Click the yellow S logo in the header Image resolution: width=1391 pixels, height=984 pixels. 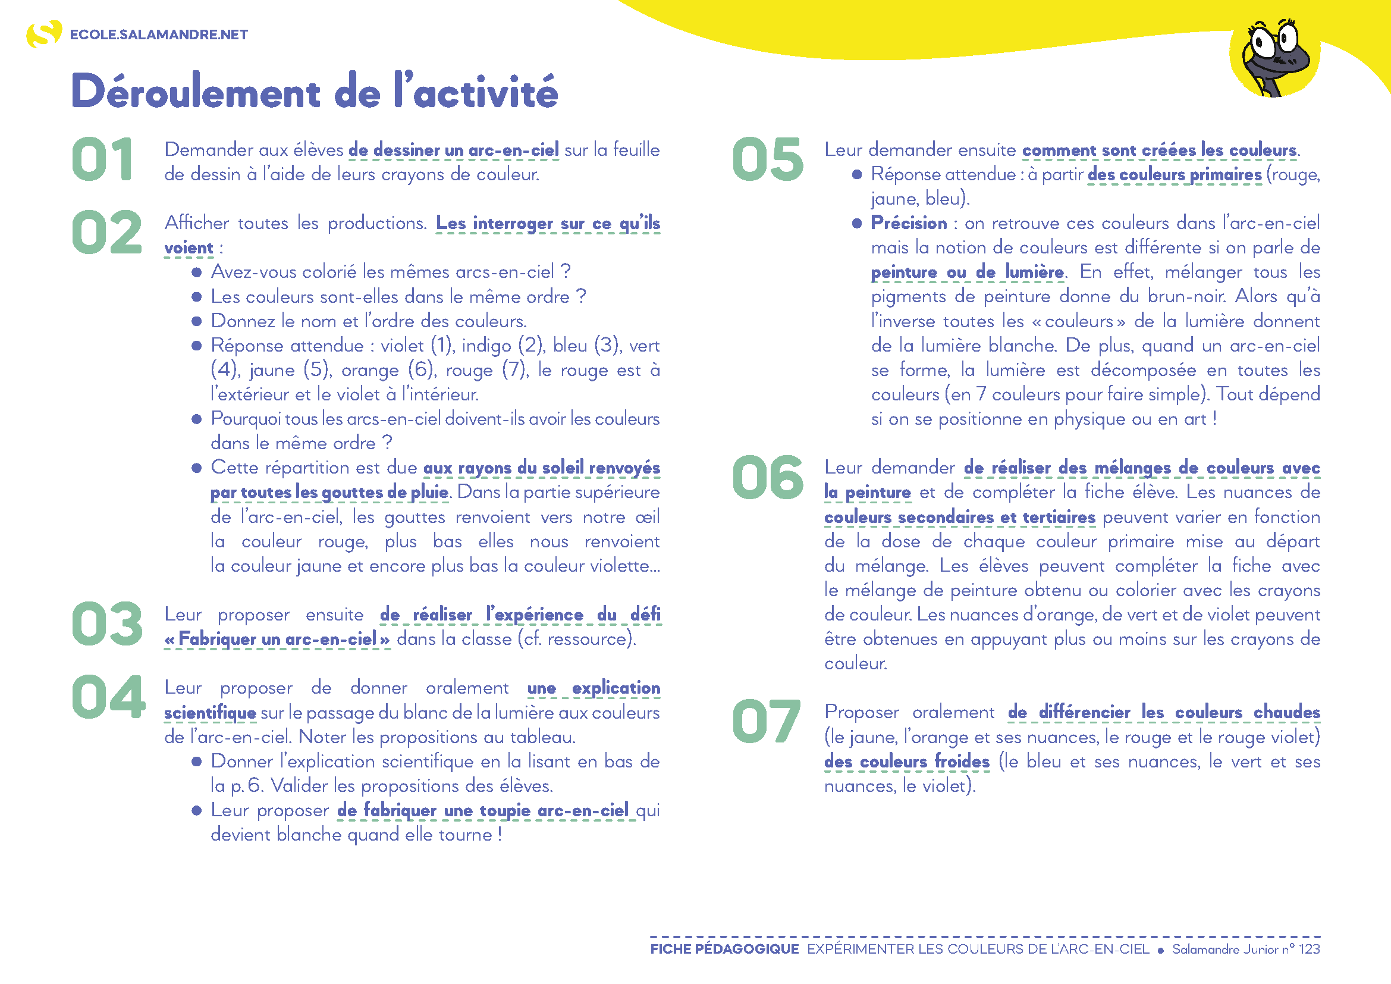pyautogui.click(x=43, y=34)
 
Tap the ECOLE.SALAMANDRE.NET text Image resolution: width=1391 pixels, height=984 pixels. pyautogui.click(x=159, y=35)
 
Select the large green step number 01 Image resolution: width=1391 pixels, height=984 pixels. pyautogui.click(x=103, y=159)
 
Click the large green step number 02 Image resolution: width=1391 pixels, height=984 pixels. pyautogui.click(x=106, y=233)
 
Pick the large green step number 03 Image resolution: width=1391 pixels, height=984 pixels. pyautogui.click(x=106, y=624)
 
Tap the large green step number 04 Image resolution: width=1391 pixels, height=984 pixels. pyautogui.click(x=108, y=697)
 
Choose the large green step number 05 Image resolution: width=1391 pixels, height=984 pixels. pyautogui.click(x=768, y=159)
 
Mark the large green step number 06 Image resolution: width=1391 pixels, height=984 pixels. pyautogui.click(x=768, y=478)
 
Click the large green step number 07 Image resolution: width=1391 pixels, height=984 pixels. pyautogui.click(x=767, y=722)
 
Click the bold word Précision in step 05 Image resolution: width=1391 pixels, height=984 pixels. pyautogui.click(x=909, y=223)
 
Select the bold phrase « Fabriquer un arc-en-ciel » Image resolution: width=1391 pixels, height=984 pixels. pyautogui.click(x=278, y=639)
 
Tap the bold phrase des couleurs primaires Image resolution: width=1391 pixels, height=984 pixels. pyautogui.click(x=1174, y=174)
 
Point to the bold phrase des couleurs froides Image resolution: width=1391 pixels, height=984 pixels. pyautogui.click(x=906, y=761)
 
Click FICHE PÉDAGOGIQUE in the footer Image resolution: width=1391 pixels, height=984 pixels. pyautogui.click(x=724, y=949)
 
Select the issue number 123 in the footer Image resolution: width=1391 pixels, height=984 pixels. pyautogui.click(x=1309, y=949)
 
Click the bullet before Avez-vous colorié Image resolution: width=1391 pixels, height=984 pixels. pyautogui.click(x=196, y=272)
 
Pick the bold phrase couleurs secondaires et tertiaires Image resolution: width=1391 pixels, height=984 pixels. pyautogui.click(x=959, y=517)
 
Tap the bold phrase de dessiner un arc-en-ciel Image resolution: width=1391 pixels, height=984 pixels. pyautogui.click(x=454, y=150)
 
